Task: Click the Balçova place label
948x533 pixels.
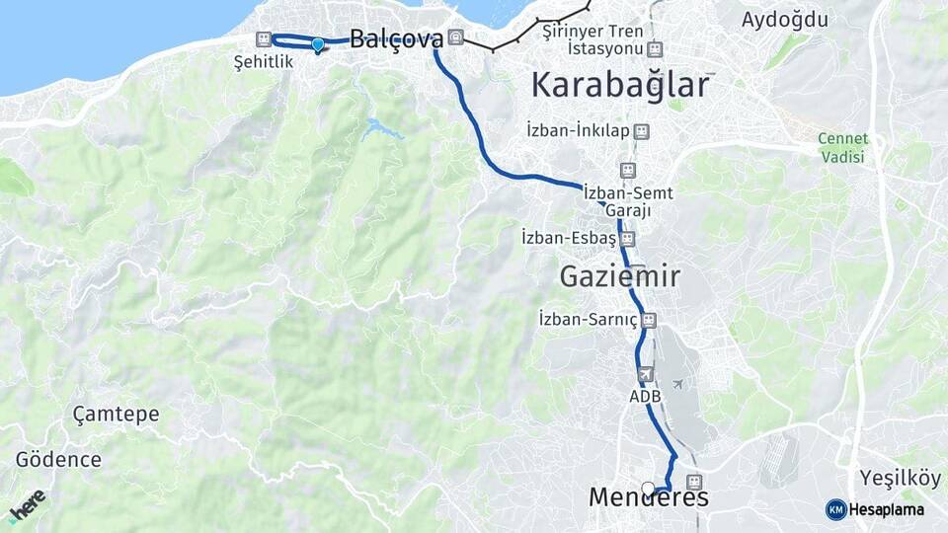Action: coord(396,39)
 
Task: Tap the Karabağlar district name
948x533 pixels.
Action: coord(620,85)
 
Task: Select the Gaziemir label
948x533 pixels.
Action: coord(619,276)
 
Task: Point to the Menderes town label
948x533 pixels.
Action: coord(648,497)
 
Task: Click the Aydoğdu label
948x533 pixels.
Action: coord(785,19)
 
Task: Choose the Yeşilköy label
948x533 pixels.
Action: coord(899,478)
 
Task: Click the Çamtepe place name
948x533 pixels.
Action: coord(116,414)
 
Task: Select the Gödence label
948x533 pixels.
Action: coord(58,459)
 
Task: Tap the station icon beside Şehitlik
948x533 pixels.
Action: coord(263,39)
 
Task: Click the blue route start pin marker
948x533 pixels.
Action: coord(317,44)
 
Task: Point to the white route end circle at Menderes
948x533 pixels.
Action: coord(648,488)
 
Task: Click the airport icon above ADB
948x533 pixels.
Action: coord(645,374)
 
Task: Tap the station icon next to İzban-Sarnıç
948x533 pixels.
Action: coord(649,319)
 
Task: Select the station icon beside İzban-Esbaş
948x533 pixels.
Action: coord(628,238)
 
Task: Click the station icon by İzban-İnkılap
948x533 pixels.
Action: coord(642,130)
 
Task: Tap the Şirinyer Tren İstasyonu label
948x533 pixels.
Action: coord(592,39)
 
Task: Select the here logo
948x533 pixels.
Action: coord(28,504)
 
